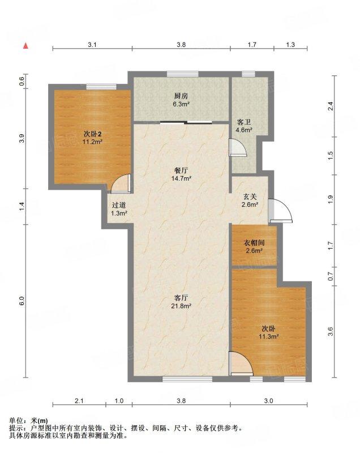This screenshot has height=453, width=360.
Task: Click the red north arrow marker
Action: click(x=25, y=46)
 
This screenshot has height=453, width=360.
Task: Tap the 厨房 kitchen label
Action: click(x=181, y=96)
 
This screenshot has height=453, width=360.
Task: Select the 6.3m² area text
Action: click(x=181, y=104)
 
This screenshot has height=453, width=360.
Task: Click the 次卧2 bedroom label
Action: click(x=92, y=134)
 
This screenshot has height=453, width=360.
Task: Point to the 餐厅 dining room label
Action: click(x=181, y=171)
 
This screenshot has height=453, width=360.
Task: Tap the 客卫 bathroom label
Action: click(x=244, y=122)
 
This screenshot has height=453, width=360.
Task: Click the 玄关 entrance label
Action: click(x=250, y=197)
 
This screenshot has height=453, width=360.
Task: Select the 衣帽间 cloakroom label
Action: click(x=254, y=243)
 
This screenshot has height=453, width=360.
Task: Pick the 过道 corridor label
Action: click(x=119, y=206)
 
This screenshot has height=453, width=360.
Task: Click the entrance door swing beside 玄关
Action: click(x=280, y=211)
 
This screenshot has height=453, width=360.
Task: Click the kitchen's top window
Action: click(x=183, y=74)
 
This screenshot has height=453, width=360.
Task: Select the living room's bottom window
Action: click(x=188, y=379)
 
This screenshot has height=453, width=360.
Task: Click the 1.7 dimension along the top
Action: click(x=252, y=45)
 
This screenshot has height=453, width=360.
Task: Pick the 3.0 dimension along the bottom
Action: click(x=268, y=401)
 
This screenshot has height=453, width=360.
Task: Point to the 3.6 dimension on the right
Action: click(x=331, y=331)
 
